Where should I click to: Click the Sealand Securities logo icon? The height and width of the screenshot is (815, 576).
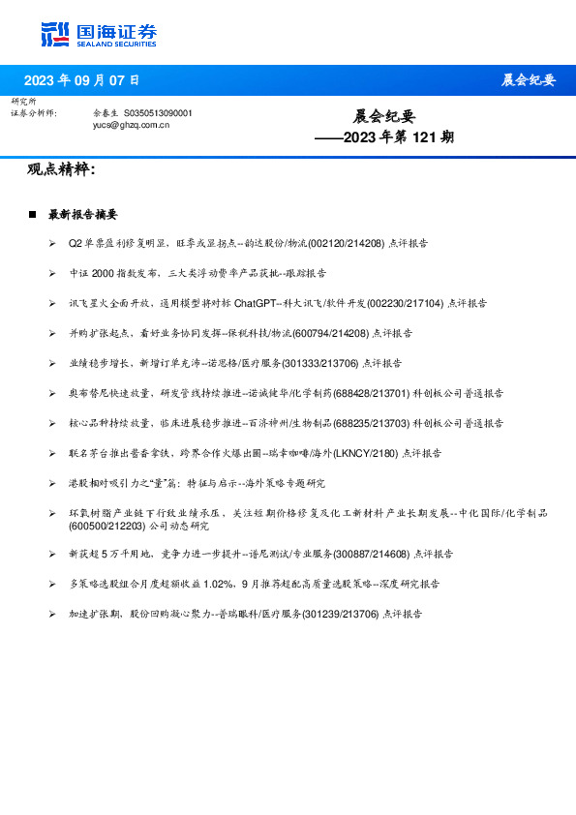point(55,34)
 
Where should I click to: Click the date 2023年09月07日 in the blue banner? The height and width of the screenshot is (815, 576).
point(81,80)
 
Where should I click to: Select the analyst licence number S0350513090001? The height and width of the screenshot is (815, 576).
point(158,113)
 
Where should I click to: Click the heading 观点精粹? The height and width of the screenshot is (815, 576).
point(61,170)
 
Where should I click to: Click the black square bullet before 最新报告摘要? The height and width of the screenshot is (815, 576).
point(33,214)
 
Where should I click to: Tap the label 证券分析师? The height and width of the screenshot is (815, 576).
point(34,113)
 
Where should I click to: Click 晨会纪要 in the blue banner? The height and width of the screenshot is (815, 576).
point(528,80)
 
